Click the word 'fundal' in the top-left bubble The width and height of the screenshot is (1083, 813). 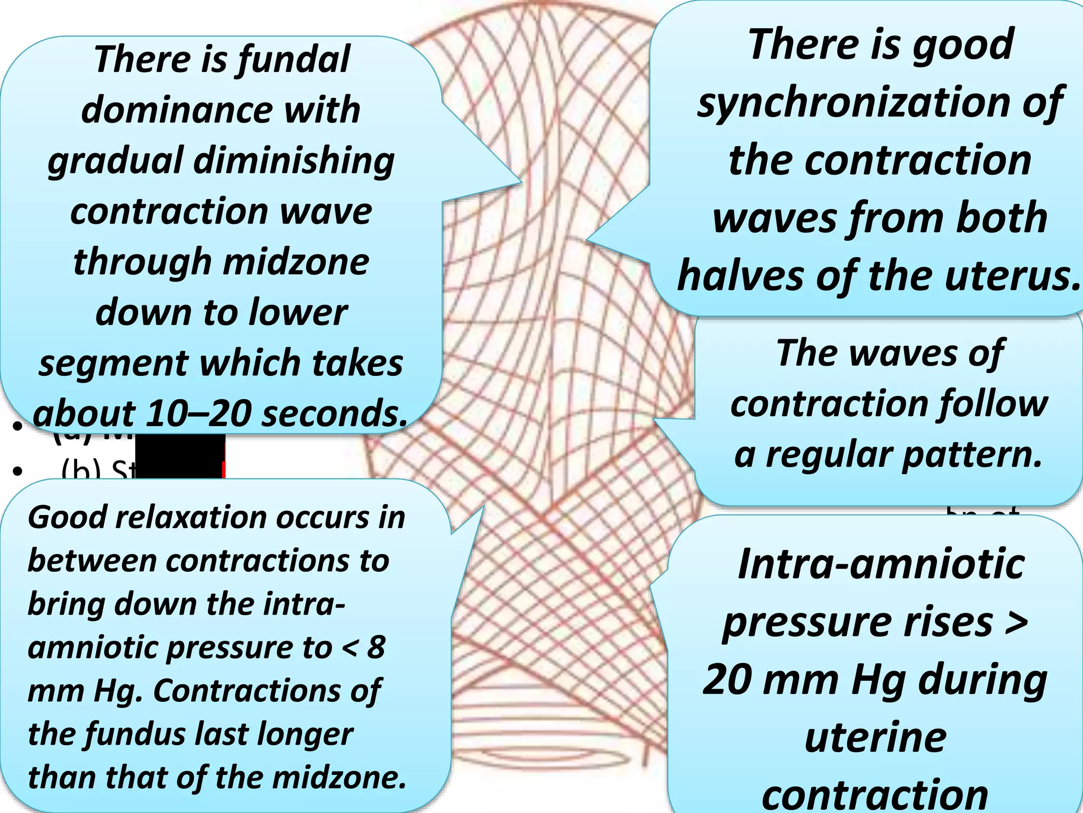[293, 59]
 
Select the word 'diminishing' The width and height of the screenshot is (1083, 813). [294, 161]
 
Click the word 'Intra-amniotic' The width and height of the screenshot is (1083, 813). [881, 564]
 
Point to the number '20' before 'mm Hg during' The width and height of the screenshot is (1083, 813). [727, 680]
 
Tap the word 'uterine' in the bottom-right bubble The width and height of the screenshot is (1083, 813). [875, 738]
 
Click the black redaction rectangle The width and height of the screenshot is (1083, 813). [180, 455]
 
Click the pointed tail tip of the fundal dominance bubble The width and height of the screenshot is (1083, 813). [520, 184]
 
